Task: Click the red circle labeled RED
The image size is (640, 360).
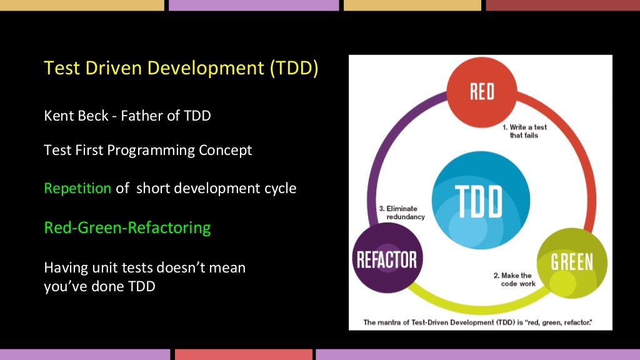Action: pos(481,91)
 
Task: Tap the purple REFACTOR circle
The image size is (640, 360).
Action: pos(386,259)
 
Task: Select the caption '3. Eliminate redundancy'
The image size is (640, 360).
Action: pos(401,212)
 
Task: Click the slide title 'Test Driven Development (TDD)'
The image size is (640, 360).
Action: pos(181,67)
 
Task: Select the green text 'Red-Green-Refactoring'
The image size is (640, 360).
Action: pos(127,227)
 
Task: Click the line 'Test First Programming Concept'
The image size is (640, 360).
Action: pos(148,151)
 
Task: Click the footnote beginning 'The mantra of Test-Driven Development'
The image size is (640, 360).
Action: pos(478,322)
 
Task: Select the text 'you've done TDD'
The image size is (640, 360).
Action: pos(99,287)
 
